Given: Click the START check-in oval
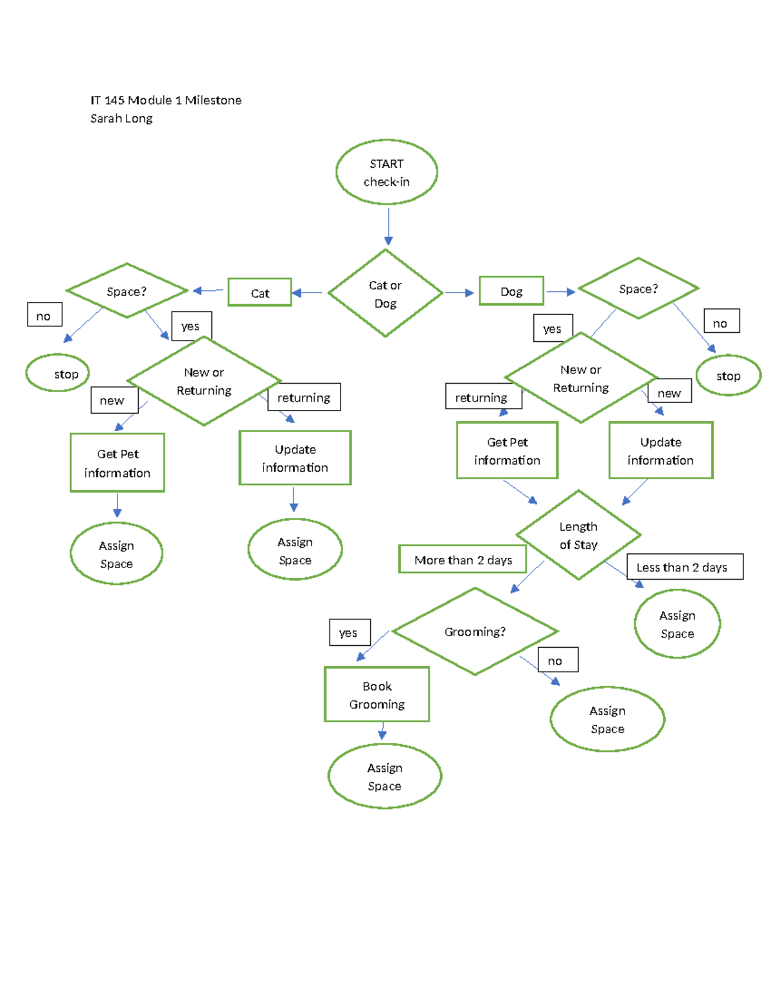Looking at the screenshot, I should click(386, 172).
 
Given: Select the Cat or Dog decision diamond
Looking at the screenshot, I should click(385, 294).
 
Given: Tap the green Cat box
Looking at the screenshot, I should click(260, 293).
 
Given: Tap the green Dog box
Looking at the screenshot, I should click(511, 291).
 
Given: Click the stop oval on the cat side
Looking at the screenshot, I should click(58, 373).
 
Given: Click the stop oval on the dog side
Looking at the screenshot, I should click(728, 376).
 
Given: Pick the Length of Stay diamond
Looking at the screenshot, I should click(578, 535).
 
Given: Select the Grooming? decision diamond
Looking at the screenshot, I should click(475, 632).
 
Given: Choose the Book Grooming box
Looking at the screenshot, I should click(377, 695).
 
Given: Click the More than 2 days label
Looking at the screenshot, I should click(463, 560).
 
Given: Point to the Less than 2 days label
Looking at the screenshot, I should click(684, 567).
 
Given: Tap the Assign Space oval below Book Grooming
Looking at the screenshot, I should click(384, 776).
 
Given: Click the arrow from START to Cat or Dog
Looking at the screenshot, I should click(388, 226).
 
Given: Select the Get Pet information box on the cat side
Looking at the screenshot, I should click(118, 463).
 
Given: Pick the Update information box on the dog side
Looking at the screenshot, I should click(660, 450).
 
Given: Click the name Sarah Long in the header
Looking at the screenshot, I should click(121, 118).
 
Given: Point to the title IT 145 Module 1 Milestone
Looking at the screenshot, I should click(166, 100).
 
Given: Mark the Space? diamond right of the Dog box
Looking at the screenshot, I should click(638, 289).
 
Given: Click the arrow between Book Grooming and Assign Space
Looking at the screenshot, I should click(382, 731).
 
